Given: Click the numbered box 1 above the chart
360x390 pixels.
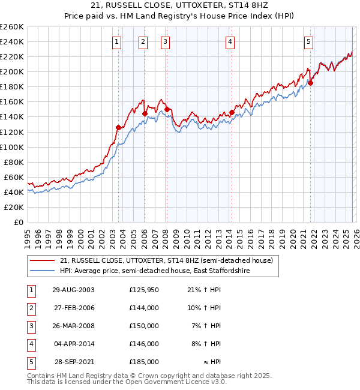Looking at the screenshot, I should (116, 41).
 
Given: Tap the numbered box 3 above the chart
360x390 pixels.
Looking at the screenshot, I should (165, 41).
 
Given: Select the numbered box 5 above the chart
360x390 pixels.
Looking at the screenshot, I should (308, 41).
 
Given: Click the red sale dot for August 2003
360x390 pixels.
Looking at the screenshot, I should (119, 127).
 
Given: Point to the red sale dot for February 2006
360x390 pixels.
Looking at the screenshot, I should (145, 113).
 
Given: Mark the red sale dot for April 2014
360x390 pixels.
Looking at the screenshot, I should (232, 112).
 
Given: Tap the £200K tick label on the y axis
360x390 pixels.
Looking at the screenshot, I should (11, 71).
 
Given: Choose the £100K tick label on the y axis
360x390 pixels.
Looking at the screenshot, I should (11, 147).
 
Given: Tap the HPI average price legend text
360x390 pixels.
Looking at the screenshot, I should (154, 271).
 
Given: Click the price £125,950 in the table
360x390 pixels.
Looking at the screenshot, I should (144, 290).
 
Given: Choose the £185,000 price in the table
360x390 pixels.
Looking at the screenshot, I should (144, 362).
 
